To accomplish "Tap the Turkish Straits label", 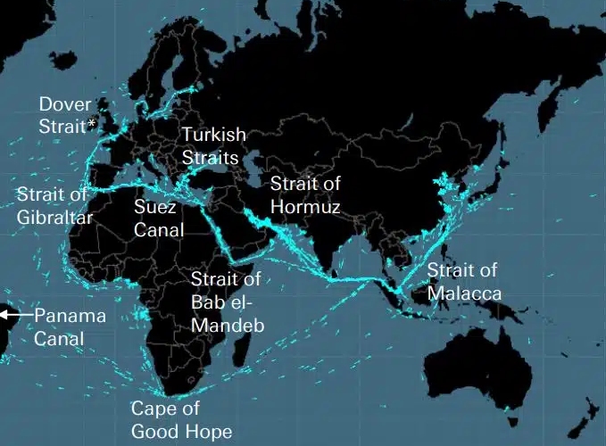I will click(x=213, y=145).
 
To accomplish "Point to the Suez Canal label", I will click(x=158, y=218).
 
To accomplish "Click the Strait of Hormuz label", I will click(x=305, y=195).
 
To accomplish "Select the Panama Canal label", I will click(x=70, y=327).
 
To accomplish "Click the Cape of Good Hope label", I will click(x=181, y=421).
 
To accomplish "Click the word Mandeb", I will click(x=228, y=326).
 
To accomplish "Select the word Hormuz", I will click(x=305, y=207).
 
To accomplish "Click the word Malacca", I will click(x=463, y=293).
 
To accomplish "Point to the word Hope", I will click(x=210, y=433).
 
